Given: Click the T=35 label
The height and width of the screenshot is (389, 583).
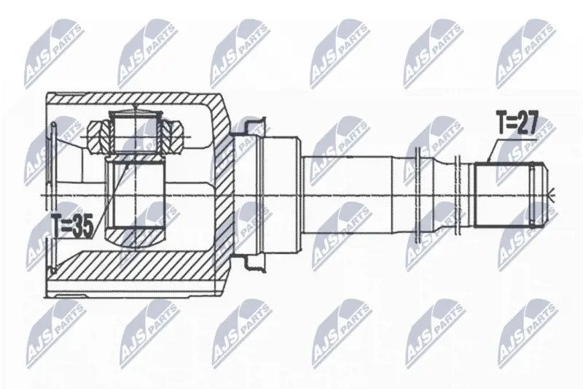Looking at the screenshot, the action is pos(72,227).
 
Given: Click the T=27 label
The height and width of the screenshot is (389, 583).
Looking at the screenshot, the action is pos(517,123).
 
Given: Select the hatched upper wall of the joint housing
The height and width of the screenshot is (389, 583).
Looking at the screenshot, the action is pos(134,98).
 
